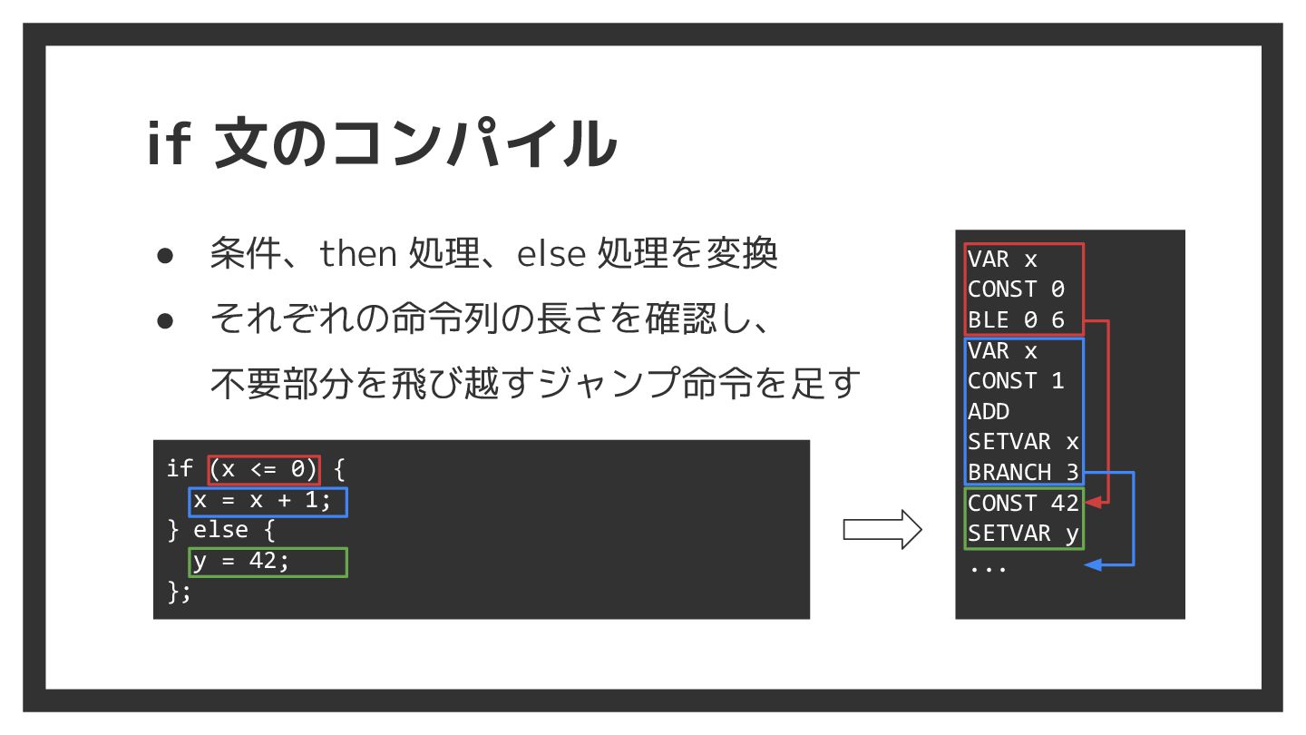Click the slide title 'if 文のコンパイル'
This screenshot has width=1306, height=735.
coord(381,143)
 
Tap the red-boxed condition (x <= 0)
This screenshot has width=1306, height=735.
coord(264,469)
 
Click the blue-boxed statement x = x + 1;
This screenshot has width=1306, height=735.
coord(268,501)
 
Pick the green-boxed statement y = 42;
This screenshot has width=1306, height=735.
coord(268,562)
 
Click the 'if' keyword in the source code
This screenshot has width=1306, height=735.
coord(179,469)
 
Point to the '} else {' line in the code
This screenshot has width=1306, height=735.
coord(221,531)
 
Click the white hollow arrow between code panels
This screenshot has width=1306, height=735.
coord(882,529)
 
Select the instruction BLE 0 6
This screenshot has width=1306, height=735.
coord(1016,319)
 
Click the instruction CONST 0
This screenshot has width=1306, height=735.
coord(1016,289)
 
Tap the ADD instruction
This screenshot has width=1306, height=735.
coord(989,411)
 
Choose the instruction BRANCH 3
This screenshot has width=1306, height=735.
coord(1023,472)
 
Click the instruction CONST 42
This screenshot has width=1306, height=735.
coord(1023,503)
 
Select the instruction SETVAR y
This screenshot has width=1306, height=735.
coord(1023,534)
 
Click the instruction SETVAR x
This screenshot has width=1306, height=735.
coord(1023,442)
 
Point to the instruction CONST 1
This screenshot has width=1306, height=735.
coord(1016,381)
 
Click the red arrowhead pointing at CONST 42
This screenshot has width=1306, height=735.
coord(1094,503)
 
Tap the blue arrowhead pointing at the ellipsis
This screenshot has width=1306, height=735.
coord(1094,564)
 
